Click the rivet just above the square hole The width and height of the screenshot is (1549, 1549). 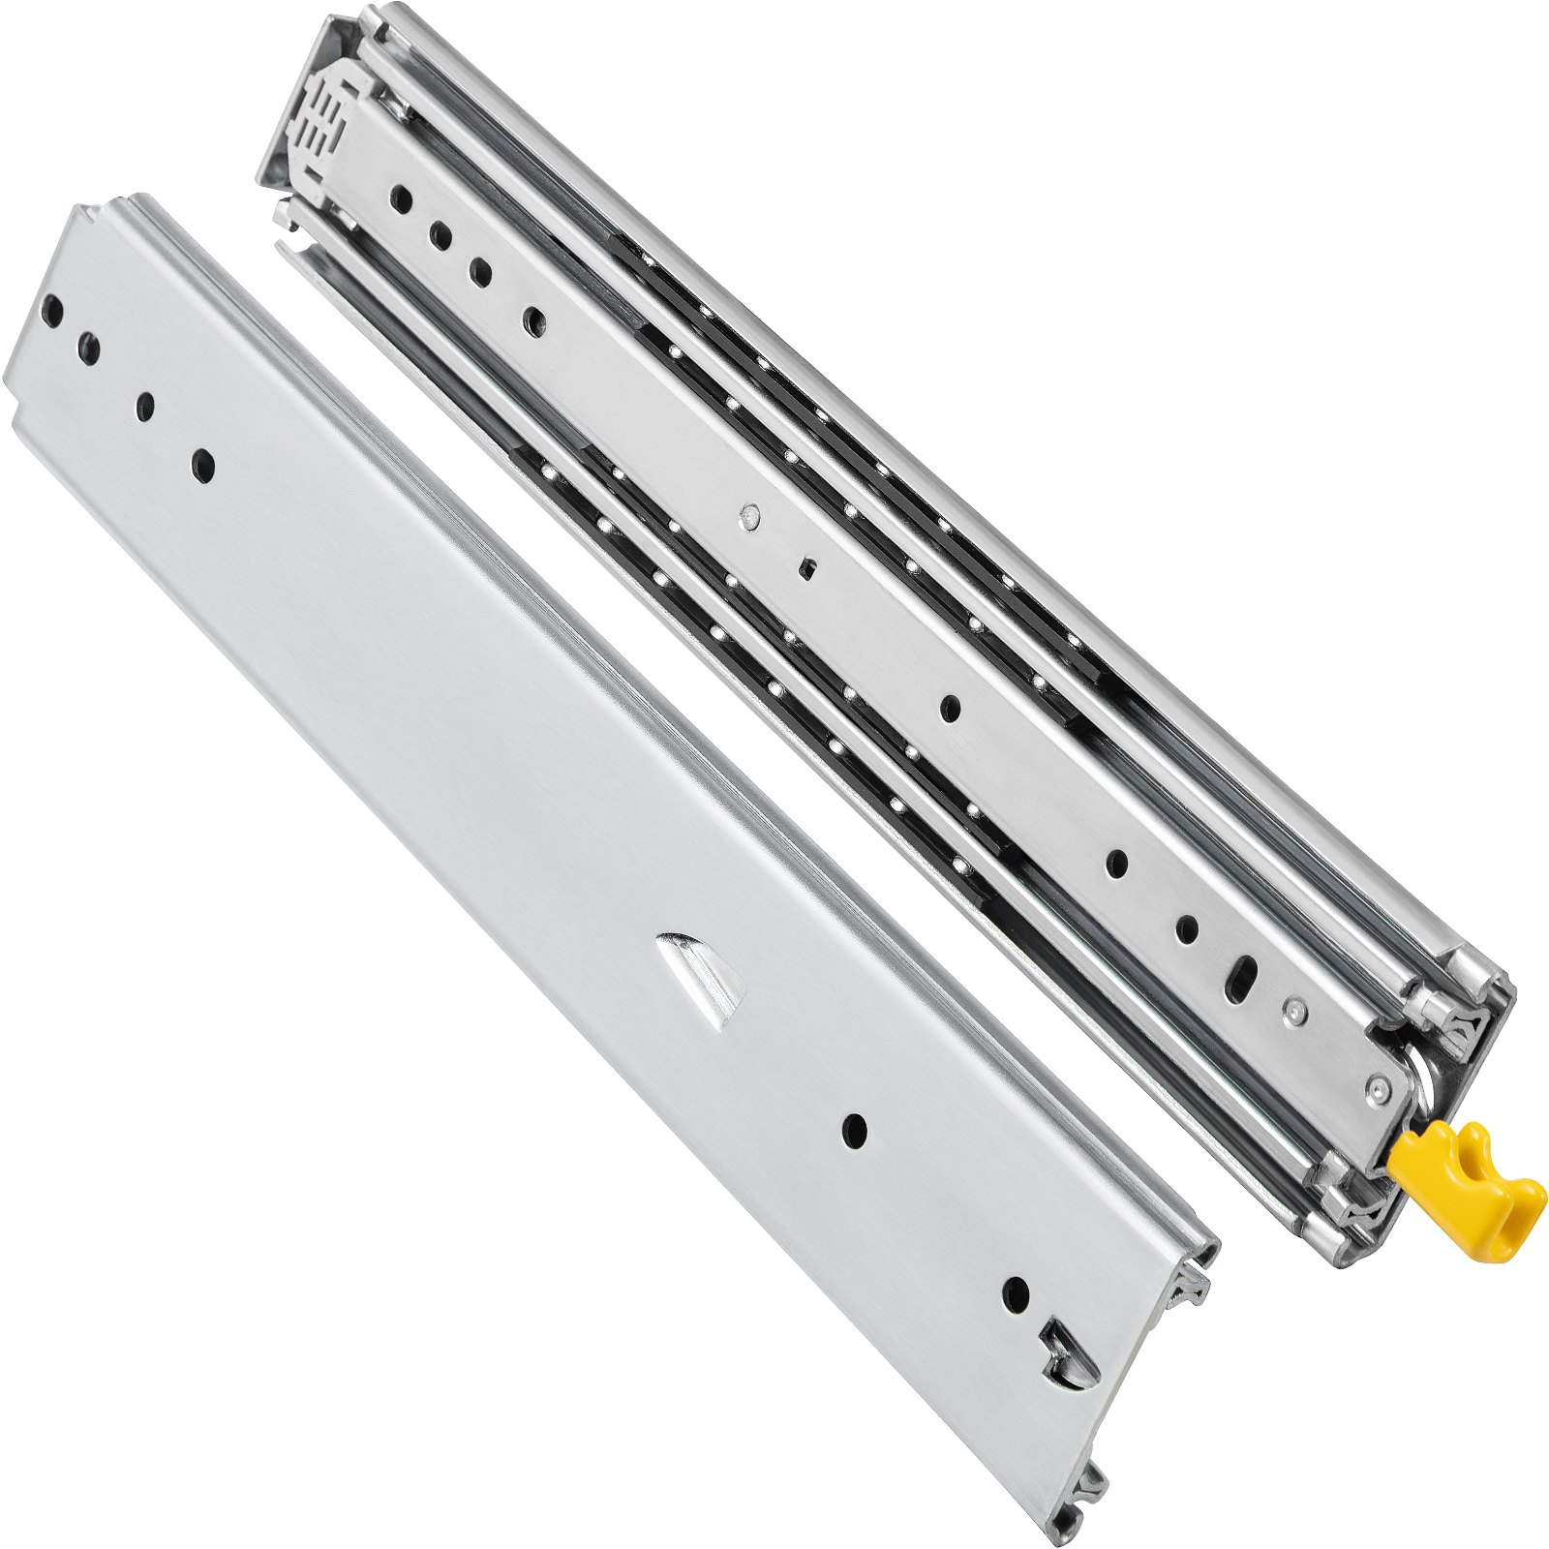(746, 518)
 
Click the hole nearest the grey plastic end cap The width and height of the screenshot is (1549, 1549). (401, 199)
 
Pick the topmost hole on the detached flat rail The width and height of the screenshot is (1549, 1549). (54, 312)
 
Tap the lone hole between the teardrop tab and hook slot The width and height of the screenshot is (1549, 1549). (854, 1130)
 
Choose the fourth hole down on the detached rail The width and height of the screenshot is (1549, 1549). (202, 466)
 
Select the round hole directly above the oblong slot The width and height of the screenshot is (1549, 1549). (1187, 929)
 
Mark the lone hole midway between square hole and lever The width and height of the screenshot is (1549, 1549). (950, 709)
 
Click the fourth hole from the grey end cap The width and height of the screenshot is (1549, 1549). (533, 321)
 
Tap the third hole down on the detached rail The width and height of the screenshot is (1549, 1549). (145, 406)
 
